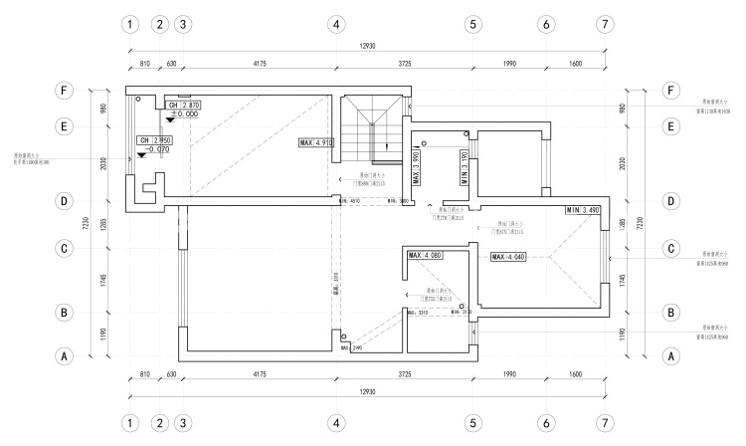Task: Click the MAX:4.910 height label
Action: pos(315,143)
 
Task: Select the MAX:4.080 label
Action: pos(425,256)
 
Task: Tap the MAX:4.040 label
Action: pos(509,257)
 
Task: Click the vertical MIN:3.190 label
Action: pos(465,168)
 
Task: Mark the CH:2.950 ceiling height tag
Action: pos(156,140)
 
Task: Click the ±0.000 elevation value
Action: pos(184,114)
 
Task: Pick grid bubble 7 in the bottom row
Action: pos(605,424)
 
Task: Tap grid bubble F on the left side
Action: pos(65,91)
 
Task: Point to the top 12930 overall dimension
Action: pos(366,46)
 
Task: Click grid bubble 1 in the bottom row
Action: pos(128,424)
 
